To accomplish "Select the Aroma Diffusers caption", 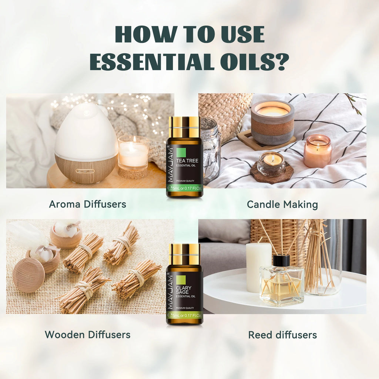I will pyautogui.click(x=87, y=204).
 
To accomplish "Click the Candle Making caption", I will pyautogui.click(x=282, y=204).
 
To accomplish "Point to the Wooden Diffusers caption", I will pyautogui.click(x=87, y=335).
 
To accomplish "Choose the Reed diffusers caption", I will pyautogui.click(x=282, y=335).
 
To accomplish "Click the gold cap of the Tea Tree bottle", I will pyautogui.click(x=184, y=127).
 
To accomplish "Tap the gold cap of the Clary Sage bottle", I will pyautogui.click(x=184, y=254).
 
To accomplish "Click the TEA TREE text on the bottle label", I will pyautogui.click(x=187, y=161).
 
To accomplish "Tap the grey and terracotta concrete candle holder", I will pyautogui.click(x=272, y=122).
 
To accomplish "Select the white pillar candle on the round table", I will pyautogui.click(x=259, y=266).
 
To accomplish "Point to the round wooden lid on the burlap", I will pyautogui.click(x=28, y=275).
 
